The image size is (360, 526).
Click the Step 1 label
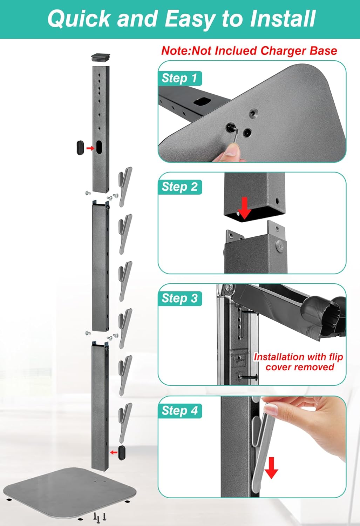click(x=180, y=78)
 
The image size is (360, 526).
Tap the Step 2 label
click(x=180, y=187)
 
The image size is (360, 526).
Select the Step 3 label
click(x=180, y=298)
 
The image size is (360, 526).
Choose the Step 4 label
click(x=180, y=411)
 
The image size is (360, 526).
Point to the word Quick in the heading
click(x=79, y=19)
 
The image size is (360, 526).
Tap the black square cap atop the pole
click(x=101, y=58)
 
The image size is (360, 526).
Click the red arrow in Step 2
click(x=245, y=208)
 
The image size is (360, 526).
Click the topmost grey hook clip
click(x=125, y=187)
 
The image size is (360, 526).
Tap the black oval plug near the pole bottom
click(x=122, y=453)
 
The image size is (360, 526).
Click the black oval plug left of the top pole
click(x=80, y=148)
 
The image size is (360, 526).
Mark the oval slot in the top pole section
click(x=99, y=148)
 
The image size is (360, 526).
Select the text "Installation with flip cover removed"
click(x=299, y=362)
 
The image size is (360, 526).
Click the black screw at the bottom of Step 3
click(x=248, y=377)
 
